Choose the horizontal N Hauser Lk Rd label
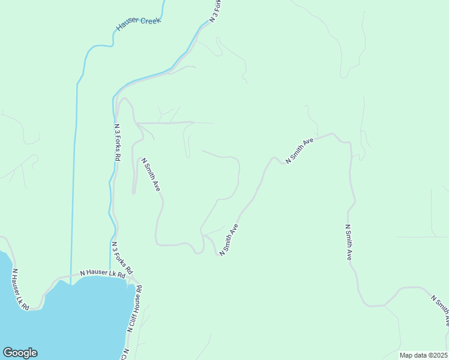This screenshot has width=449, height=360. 102,273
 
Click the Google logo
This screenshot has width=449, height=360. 20,353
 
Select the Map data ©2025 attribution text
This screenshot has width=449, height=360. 423,355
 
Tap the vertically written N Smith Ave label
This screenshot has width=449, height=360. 348,242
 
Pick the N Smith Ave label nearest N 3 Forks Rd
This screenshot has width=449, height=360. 151,175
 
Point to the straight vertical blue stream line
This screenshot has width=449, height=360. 74,180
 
